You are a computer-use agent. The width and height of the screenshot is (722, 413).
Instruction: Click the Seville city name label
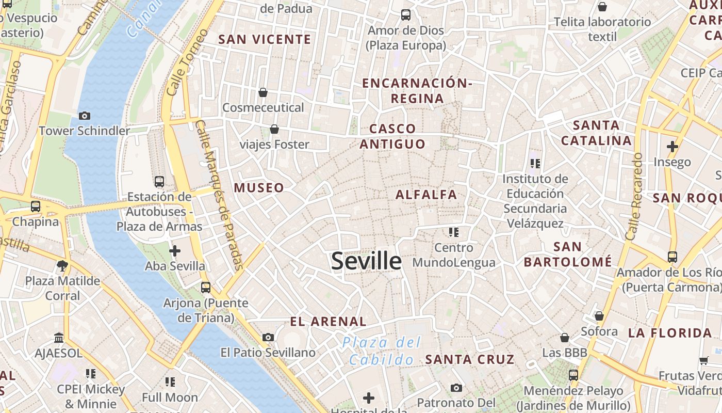(366, 261)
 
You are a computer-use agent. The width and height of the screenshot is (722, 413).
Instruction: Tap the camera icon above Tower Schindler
(85, 116)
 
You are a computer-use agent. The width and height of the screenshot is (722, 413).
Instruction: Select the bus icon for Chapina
(36, 206)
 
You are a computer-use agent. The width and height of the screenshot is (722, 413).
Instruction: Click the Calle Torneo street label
(188, 62)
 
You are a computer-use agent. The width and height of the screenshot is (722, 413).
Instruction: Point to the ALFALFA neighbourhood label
(426, 195)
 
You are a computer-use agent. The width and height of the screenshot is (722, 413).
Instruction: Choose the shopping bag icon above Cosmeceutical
(263, 92)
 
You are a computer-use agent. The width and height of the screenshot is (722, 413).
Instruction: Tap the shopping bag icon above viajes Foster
(274, 129)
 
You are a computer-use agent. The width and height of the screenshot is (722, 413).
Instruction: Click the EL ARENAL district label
(328, 322)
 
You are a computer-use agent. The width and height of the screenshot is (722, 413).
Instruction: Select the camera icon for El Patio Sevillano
(268, 338)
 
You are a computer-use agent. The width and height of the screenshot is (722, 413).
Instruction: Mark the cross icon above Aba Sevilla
(175, 251)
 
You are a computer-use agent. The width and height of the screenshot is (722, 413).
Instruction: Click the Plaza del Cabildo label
(382, 351)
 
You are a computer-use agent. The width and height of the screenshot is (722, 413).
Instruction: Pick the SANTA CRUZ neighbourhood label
(469, 359)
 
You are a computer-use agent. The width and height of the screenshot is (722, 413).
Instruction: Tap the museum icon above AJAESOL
(59, 338)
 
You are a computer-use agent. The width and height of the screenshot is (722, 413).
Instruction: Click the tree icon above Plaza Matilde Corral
(62, 266)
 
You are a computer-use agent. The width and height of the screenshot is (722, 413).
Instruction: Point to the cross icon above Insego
(672, 147)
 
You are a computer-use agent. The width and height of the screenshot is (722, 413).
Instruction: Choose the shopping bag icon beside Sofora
(599, 316)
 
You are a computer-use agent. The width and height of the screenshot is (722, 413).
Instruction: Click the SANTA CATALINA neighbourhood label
(596, 133)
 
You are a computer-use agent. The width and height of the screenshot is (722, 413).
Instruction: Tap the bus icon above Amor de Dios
(406, 15)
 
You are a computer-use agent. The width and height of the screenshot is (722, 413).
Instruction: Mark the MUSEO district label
(259, 188)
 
